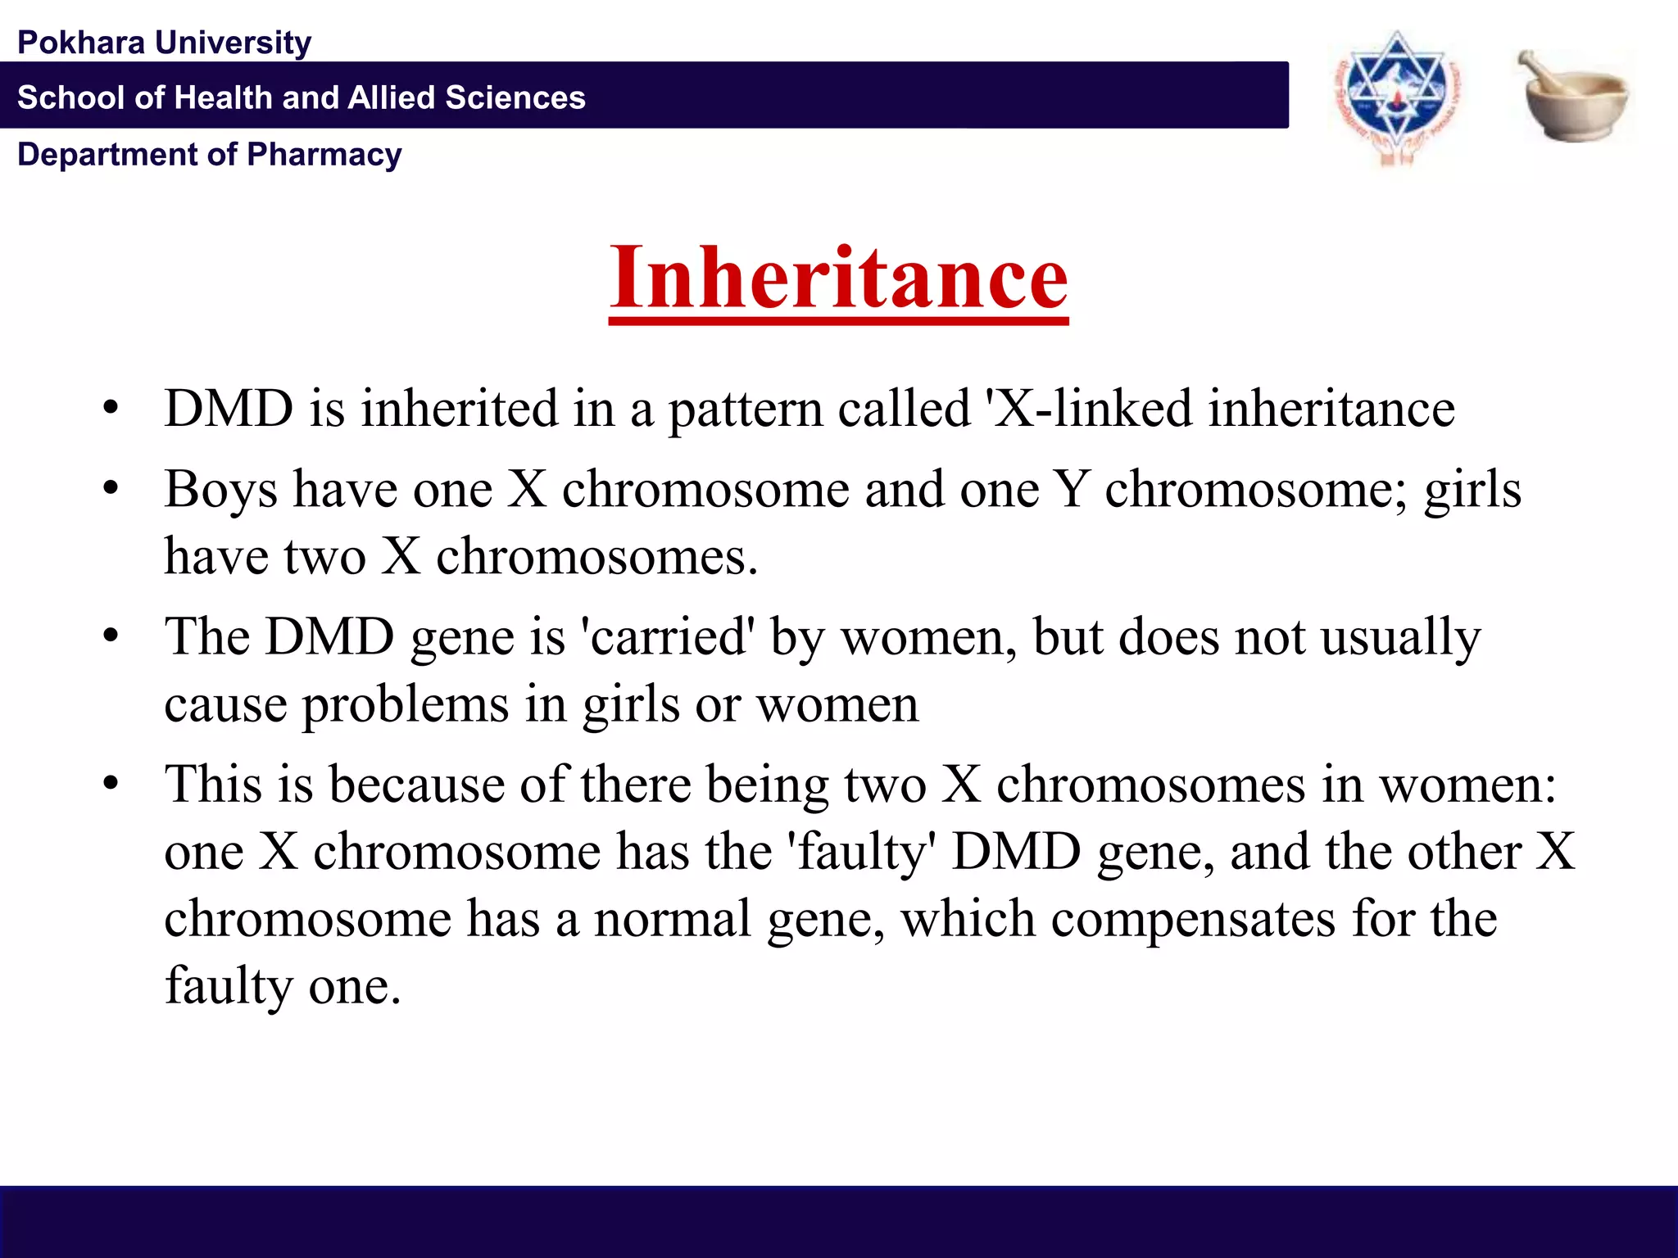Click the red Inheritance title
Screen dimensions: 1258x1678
(x=838, y=278)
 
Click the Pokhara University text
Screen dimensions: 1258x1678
(x=164, y=43)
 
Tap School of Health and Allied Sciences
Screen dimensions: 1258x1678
(x=302, y=97)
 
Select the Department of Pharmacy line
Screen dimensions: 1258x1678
(x=210, y=154)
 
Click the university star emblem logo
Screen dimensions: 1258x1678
(x=1398, y=97)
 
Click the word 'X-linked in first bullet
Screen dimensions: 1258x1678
(x=1090, y=408)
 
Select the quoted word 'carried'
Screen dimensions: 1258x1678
(x=667, y=637)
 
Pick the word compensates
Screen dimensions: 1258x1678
(x=1193, y=919)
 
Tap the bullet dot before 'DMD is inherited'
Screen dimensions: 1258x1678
(x=111, y=408)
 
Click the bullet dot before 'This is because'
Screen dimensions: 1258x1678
(x=111, y=785)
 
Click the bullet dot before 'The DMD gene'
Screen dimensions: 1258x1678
(x=111, y=637)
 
